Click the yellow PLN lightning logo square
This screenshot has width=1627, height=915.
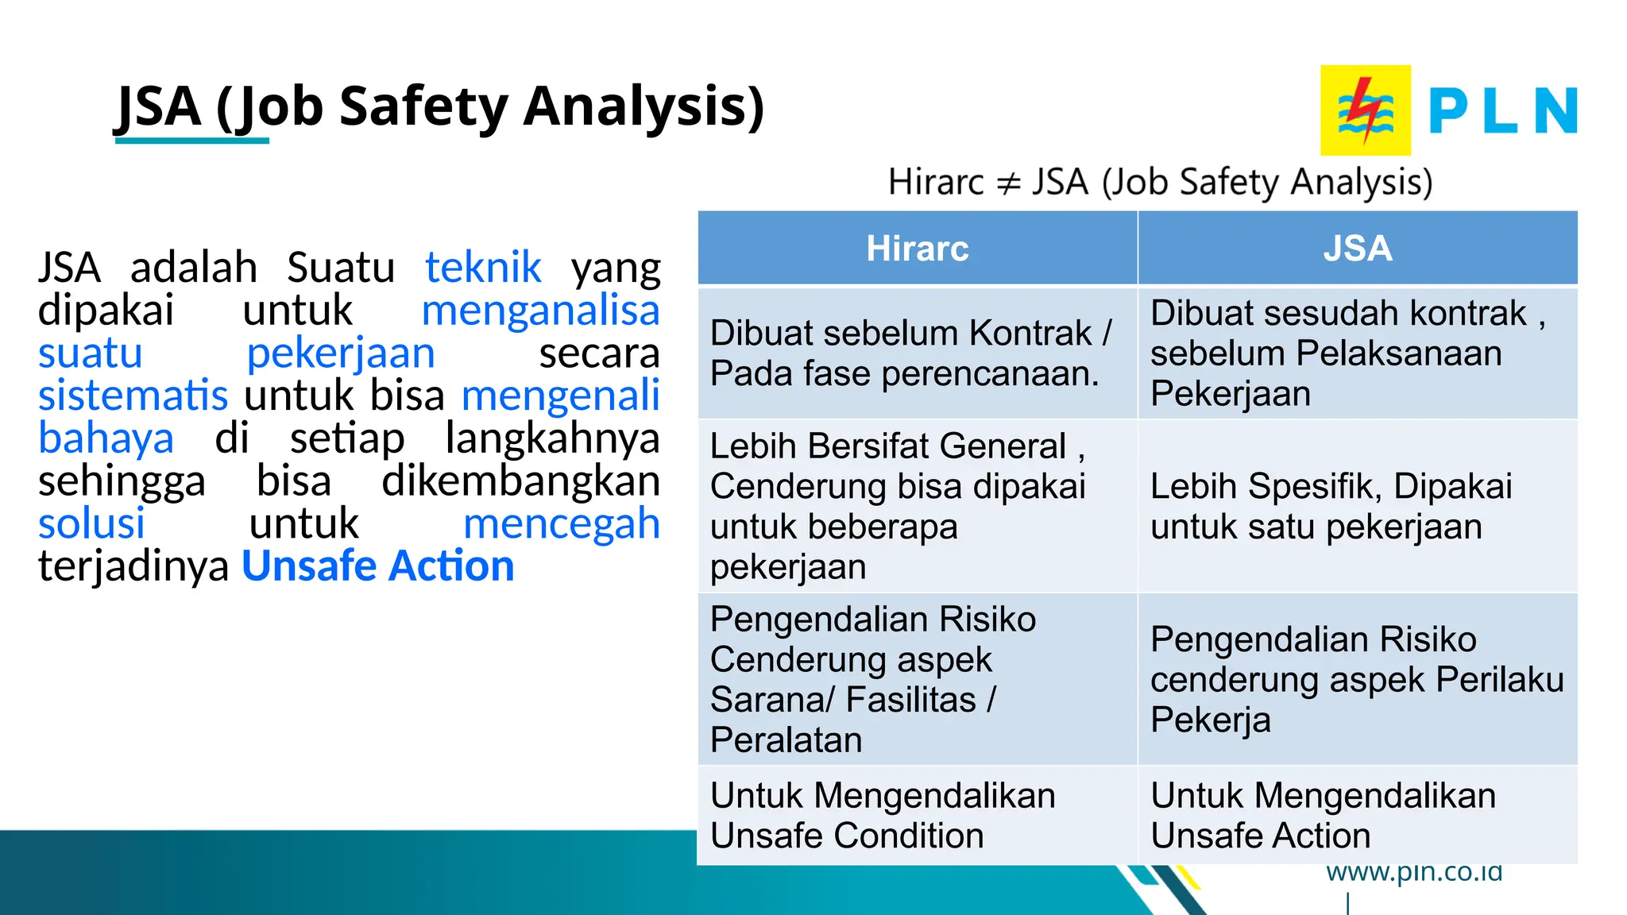[x=1365, y=110]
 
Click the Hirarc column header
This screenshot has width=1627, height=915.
[x=917, y=249]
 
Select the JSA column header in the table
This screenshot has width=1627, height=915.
[x=1357, y=249]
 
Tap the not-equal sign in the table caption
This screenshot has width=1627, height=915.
[x=1007, y=183]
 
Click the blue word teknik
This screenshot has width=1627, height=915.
[x=483, y=268]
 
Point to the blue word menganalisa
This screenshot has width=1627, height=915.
[x=540, y=311]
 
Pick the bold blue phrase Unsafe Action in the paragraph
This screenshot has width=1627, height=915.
[x=378, y=566]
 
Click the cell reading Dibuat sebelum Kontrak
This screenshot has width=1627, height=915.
[x=917, y=353]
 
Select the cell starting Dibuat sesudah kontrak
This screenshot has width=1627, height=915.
[x=1357, y=353]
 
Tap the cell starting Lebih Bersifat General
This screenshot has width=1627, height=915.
[x=917, y=506]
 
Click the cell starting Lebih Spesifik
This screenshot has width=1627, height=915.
[x=1357, y=506]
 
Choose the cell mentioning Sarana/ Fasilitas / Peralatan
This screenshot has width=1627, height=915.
[x=917, y=679]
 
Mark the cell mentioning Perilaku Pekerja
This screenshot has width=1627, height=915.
[x=1357, y=679]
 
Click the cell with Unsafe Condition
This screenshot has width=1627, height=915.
[x=917, y=816]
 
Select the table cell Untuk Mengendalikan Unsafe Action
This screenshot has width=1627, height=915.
[x=1357, y=816]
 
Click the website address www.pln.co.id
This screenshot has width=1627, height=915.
[x=1414, y=873]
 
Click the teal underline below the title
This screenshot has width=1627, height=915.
[x=192, y=141]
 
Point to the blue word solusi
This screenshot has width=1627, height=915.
[x=91, y=524]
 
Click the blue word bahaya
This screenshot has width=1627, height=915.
[x=106, y=438]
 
